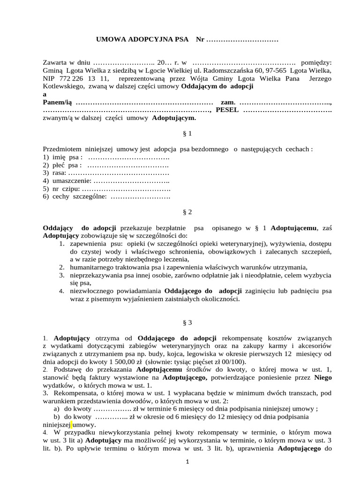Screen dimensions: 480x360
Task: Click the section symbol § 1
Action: click(187, 134)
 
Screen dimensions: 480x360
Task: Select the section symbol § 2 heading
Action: click(187, 212)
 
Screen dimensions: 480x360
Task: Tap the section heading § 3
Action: click(187, 322)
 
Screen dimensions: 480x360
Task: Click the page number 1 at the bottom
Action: click(187, 462)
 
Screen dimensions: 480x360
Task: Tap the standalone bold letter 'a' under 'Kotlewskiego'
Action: click(45, 94)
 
